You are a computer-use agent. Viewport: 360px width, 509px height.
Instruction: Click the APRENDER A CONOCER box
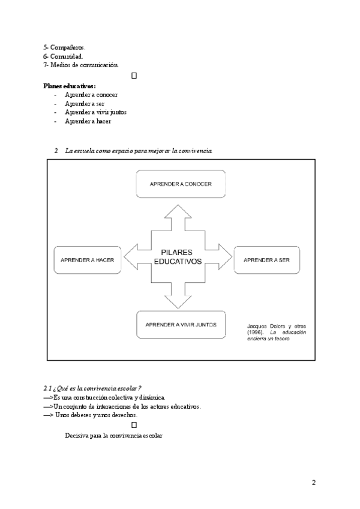pyautogui.click(x=181, y=183)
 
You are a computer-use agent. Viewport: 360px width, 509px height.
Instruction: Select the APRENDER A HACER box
pyautogui.click(x=88, y=260)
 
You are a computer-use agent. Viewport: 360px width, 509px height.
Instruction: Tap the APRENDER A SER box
pyautogui.click(x=266, y=260)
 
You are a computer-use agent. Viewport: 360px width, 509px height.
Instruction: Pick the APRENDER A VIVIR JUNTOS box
pyautogui.click(x=181, y=325)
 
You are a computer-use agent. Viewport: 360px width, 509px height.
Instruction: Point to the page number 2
pyautogui.click(x=313, y=483)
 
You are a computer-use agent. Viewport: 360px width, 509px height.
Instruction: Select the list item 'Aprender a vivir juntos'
pyautogui.click(x=95, y=112)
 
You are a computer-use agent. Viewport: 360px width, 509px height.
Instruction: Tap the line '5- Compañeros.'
pyautogui.click(x=64, y=47)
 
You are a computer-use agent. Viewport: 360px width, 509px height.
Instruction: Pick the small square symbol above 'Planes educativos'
pyautogui.click(x=134, y=75)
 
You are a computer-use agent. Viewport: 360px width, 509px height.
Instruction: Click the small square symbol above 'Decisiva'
pyautogui.click(x=134, y=425)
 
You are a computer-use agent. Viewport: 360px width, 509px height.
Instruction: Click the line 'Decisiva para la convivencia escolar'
pyautogui.click(x=113, y=435)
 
